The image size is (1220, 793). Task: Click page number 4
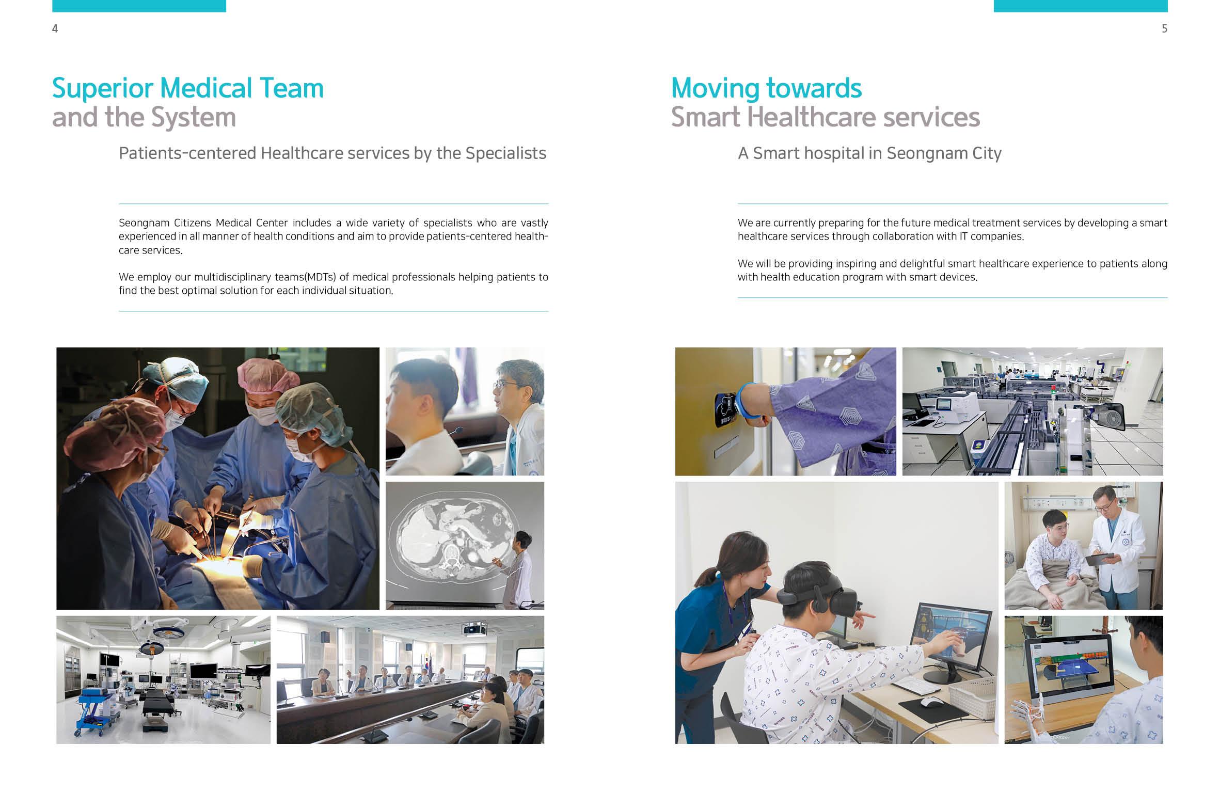(x=55, y=29)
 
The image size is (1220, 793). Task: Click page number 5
(x=1164, y=29)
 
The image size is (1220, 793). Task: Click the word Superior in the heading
(x=102, y=89)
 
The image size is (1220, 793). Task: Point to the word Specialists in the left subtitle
(x=505, y=153)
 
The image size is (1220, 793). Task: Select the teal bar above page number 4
(x=139, y=6)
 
